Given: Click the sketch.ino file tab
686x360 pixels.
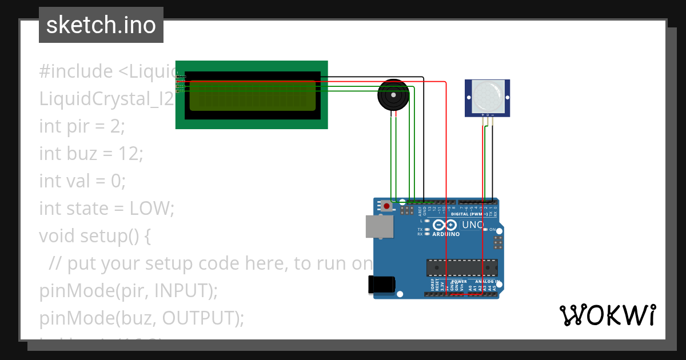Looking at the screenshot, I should click(101, 25).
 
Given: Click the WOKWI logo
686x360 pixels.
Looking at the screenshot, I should click(607, 315).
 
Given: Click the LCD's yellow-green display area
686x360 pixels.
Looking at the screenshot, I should click(252, 95).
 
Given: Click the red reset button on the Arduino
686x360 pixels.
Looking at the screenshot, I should click(388, 206).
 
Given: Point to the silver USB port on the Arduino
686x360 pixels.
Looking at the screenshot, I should click(379, 226).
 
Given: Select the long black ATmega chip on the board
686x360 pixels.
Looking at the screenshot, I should click(462, 267).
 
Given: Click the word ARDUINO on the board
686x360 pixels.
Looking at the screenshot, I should click(445, 234).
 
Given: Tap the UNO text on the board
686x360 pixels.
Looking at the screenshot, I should click(473, 225).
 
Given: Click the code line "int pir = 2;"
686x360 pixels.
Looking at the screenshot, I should click(82, 126).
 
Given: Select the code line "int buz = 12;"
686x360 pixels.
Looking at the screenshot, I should click(91, 153).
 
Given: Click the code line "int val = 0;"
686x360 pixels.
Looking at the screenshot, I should click(82, 181).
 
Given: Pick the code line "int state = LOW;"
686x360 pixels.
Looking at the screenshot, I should click(106, 208).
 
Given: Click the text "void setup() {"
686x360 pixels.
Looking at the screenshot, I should click(95, 235).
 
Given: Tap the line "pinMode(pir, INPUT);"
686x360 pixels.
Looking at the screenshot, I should click(129, 290).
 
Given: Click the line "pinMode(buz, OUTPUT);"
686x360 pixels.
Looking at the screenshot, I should click(141, 318).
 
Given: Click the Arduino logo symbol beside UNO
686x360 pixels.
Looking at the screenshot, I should click(444, 225).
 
